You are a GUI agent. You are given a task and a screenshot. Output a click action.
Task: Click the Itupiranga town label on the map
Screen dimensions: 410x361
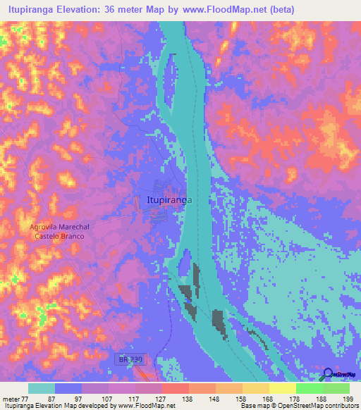point(169,200)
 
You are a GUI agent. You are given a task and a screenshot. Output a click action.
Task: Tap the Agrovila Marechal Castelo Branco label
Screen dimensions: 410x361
point(58,231)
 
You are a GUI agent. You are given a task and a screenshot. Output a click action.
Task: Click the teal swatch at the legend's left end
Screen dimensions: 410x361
point(41,388)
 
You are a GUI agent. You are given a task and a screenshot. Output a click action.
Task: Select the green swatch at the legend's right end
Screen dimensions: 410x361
point(336,388)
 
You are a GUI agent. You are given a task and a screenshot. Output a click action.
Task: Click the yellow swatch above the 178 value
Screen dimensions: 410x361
point(282,388)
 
